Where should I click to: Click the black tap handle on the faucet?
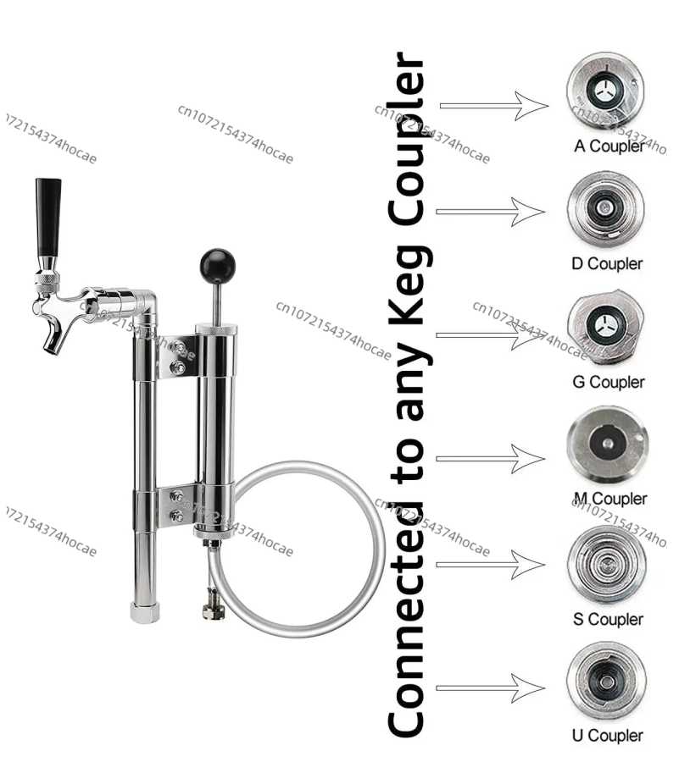(48, 217)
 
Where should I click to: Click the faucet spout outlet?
(53, 342)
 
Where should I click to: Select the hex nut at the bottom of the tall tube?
(144, 612)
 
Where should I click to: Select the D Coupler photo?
(605, 209)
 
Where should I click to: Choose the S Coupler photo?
(607, 564)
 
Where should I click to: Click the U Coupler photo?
(607, 682)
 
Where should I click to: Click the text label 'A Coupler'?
(609, 146)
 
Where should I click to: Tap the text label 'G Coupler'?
(609, 382)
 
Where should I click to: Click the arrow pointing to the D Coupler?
(490, 212)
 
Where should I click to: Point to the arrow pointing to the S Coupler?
(490, 565)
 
